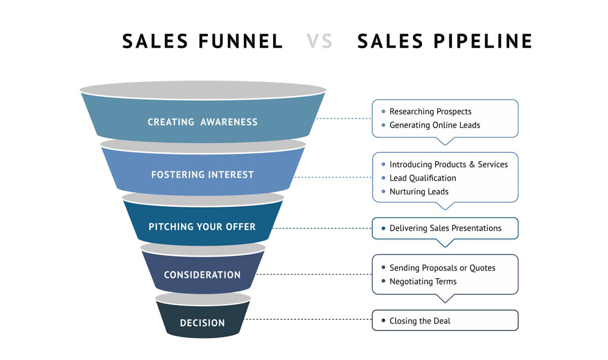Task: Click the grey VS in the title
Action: pos(320,41)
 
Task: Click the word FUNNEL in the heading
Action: pos(241,41)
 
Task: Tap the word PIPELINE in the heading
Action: pos(483,41)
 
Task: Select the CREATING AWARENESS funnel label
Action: pos(203,122)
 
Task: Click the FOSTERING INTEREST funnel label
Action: pos(203,175)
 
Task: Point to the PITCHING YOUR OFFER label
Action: pos(202,227)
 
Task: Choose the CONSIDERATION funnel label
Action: pos(202,275)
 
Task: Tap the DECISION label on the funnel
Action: pos(202,323)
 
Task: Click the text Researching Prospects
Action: pos(431,111)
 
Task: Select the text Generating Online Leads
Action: pos(435,125)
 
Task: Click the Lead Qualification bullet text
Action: pos(423,178)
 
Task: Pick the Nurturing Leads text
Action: pos(419,191)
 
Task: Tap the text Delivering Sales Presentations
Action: pos(445,228)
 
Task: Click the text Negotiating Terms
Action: pos(423,282)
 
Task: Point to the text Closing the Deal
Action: pos(420,321)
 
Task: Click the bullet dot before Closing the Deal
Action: pos(383,321)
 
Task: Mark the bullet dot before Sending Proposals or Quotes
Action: pos(383,267)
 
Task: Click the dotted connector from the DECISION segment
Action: pos(309,319)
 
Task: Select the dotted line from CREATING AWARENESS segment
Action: pos(344,118)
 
